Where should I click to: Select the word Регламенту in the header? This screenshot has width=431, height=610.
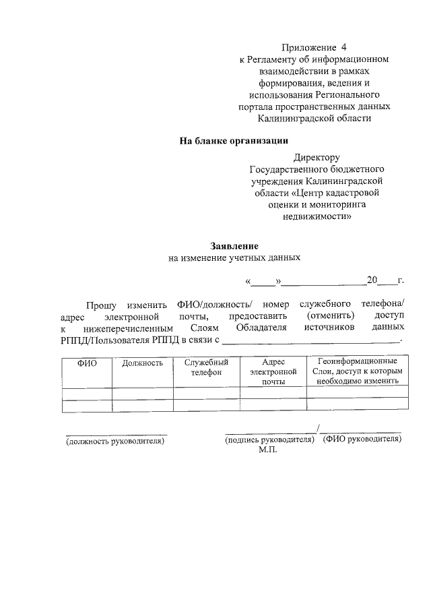tap(272, 59)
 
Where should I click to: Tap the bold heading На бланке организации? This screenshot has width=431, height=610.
tap(233, 141)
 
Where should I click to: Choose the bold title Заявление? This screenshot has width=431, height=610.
tap(234, 247)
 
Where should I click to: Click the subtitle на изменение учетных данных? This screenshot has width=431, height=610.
tap(233, 258)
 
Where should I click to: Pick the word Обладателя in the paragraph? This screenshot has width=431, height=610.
tap(263, 328)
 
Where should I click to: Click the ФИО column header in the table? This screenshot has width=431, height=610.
tap(87, 363)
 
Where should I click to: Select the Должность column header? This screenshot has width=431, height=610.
tap(142, 363)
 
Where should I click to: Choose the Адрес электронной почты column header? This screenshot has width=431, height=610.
tap(273, 371)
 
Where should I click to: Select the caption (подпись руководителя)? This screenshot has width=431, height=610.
tap(269, 439)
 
